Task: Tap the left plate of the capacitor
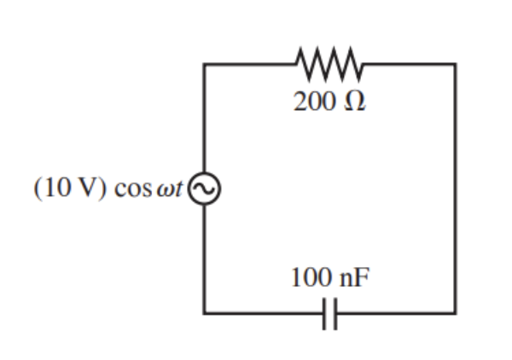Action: point(325,312)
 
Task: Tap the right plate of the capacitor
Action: point(336,312)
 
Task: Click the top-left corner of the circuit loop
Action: point(205,64)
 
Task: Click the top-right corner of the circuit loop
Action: point(455,64)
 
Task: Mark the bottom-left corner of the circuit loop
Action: point(205,312)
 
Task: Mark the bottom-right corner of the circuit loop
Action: point(455,312)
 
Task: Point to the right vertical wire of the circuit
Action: point(455,188)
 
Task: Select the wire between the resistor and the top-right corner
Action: point(410,64)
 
